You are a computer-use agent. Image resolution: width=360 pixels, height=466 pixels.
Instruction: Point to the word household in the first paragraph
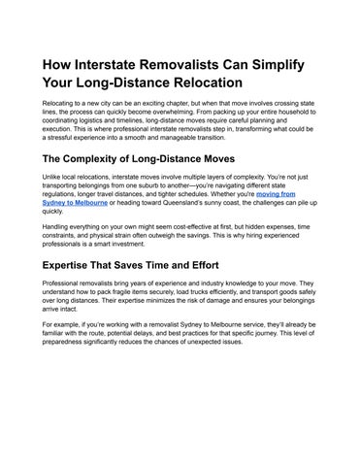tap(297, 126)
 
